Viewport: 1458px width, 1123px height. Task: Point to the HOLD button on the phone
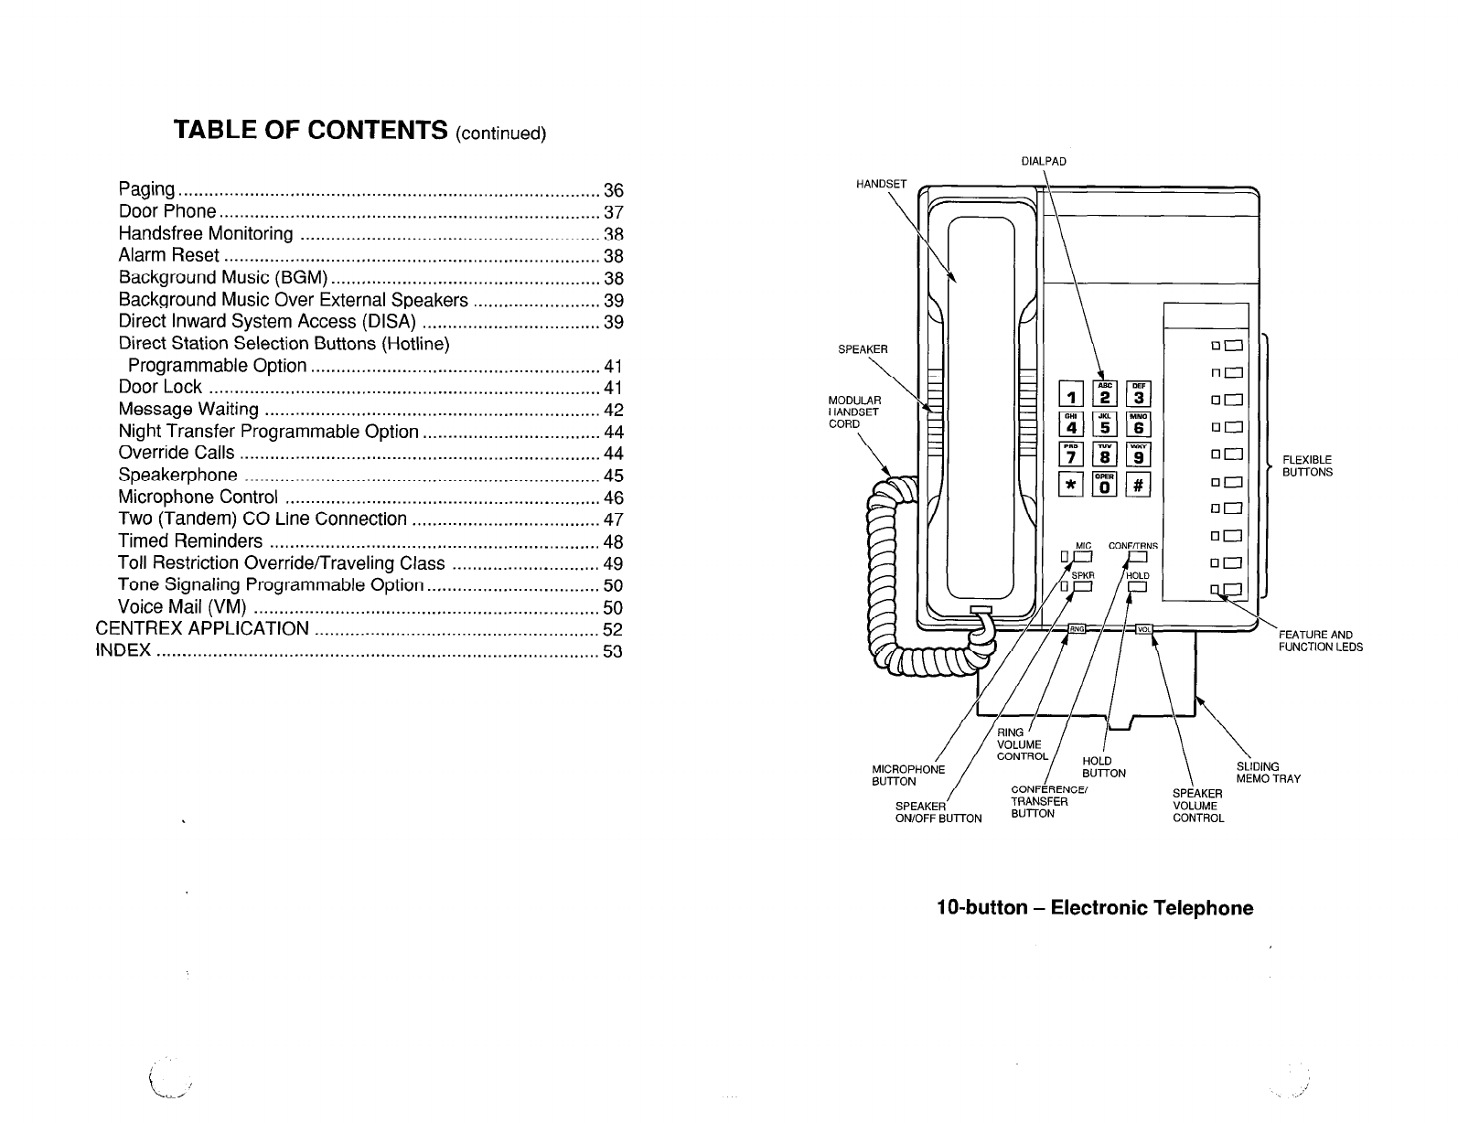pyautogui.click(x=1137, y=587)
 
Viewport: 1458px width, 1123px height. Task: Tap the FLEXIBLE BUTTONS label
pyautogui.click(x=1307, y=466)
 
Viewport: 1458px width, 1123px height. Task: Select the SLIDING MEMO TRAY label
pyautogui.click(x=1268, y=773)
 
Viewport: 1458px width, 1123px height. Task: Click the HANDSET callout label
pyautogui.click(x=881, y=184)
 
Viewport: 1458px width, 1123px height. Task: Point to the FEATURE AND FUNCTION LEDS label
pyautogui.click(x=1320, y=641)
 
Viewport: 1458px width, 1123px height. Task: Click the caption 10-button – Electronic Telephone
pyautogui.click(x=1094, y=908)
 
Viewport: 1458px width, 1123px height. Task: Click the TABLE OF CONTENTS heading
pyautogui.click(x=359, y=132)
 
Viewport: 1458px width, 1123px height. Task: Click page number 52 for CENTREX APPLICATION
pyautogui.click(x=613, y=630)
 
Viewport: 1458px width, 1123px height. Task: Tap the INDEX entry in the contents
pyautogui.click(x=123, y=651)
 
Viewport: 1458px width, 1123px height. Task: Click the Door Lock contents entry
pyautogui.click(x=160, y=387)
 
